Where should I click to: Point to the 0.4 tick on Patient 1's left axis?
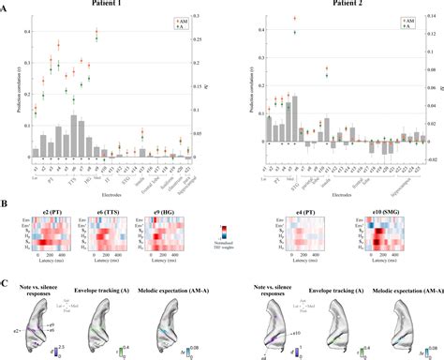[x=22, y=32]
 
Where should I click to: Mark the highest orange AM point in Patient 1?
[x=97, y=32]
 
